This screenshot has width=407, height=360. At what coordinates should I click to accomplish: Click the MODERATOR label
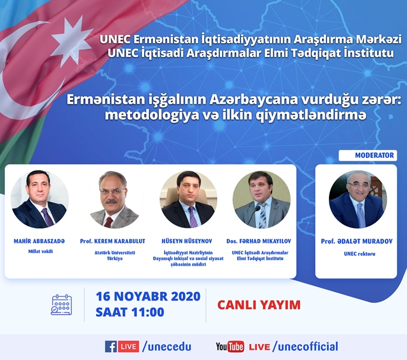375,155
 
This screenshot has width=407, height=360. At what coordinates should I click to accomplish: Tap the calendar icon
61,304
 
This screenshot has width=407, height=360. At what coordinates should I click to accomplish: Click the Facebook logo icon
111,347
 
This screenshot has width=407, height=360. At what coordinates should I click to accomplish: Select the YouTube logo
230,347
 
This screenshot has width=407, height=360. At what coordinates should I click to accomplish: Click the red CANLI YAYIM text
259,305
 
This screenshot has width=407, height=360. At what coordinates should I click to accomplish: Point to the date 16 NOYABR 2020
148,296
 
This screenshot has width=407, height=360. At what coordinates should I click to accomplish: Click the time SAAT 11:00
130,312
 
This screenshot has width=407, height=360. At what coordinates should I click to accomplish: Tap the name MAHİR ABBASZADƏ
39,241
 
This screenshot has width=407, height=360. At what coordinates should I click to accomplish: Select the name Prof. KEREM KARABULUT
113,241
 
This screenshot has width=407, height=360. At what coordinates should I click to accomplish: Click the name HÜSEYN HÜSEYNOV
187,241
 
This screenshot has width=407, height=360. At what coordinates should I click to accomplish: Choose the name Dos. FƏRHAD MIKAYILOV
259,241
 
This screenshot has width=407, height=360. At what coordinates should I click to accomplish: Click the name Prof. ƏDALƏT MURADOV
357,241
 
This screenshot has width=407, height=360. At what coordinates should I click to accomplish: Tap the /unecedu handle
167,347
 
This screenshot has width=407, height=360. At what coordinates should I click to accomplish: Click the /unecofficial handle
305,347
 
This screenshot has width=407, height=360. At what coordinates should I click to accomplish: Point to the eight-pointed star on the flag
71,41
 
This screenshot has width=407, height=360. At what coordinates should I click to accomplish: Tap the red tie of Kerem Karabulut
108,222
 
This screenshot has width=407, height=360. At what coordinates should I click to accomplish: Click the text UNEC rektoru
360,254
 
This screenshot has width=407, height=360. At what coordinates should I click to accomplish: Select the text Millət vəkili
40,251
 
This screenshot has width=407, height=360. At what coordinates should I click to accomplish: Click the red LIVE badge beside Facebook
128,347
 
